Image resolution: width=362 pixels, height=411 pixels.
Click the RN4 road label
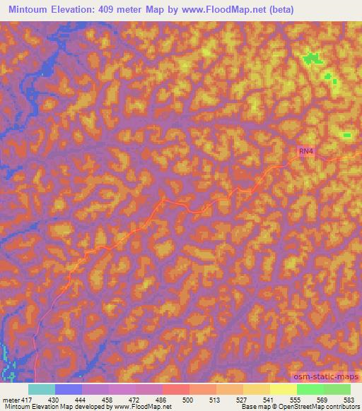(x=305, y=151)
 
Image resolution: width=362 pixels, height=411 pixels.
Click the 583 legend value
(x=349, y=399)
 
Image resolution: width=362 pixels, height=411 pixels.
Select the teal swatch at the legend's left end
(x=42, y=389)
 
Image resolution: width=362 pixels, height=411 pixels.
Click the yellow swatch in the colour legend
(x=283, y=389)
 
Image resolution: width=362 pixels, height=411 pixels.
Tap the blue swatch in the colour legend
(x=69, y=389)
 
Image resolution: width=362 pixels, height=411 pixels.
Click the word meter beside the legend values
(x=10, y=399)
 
